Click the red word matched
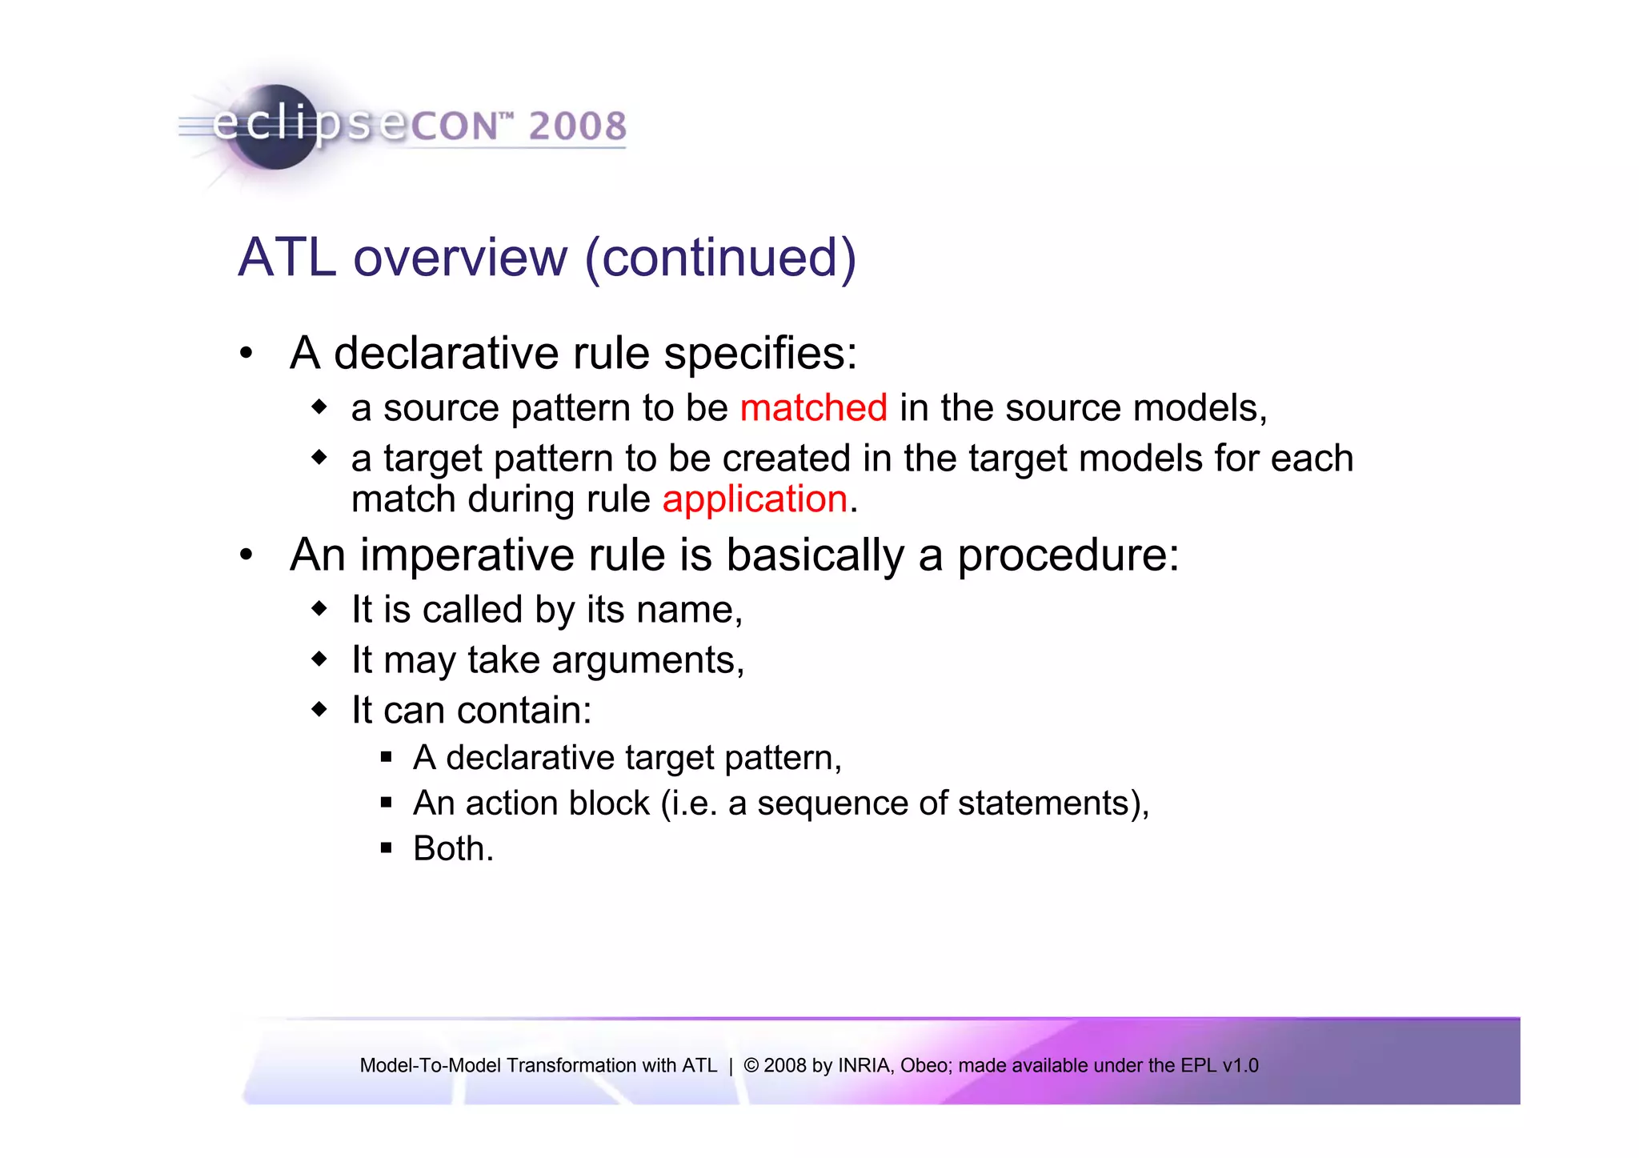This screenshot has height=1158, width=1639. tap(813, 408)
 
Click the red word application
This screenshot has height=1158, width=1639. tap(755, 499)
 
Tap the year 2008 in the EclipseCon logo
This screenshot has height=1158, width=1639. tap(577, 126)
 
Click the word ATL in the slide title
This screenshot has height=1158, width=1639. tap(287, 258)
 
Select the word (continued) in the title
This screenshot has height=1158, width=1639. tap(720, 258)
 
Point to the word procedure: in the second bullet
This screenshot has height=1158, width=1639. tap(1068, 555)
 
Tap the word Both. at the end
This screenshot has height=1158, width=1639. tap(453, 848)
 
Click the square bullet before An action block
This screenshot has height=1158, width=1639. tap(387, 803)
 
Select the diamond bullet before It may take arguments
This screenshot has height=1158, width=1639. tap(319, 659)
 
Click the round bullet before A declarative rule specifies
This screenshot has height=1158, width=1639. tap(246, 353)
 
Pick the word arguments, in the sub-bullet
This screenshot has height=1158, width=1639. tap(647, 661)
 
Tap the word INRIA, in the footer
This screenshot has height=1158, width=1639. tap(866, 1065)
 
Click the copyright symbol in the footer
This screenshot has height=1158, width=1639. tap(751, 1065)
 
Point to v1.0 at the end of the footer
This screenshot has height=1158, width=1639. tap(1240, 1065)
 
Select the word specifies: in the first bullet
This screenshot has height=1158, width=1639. tap(760, 354)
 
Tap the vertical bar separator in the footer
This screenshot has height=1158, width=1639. tap(731, 1065)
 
